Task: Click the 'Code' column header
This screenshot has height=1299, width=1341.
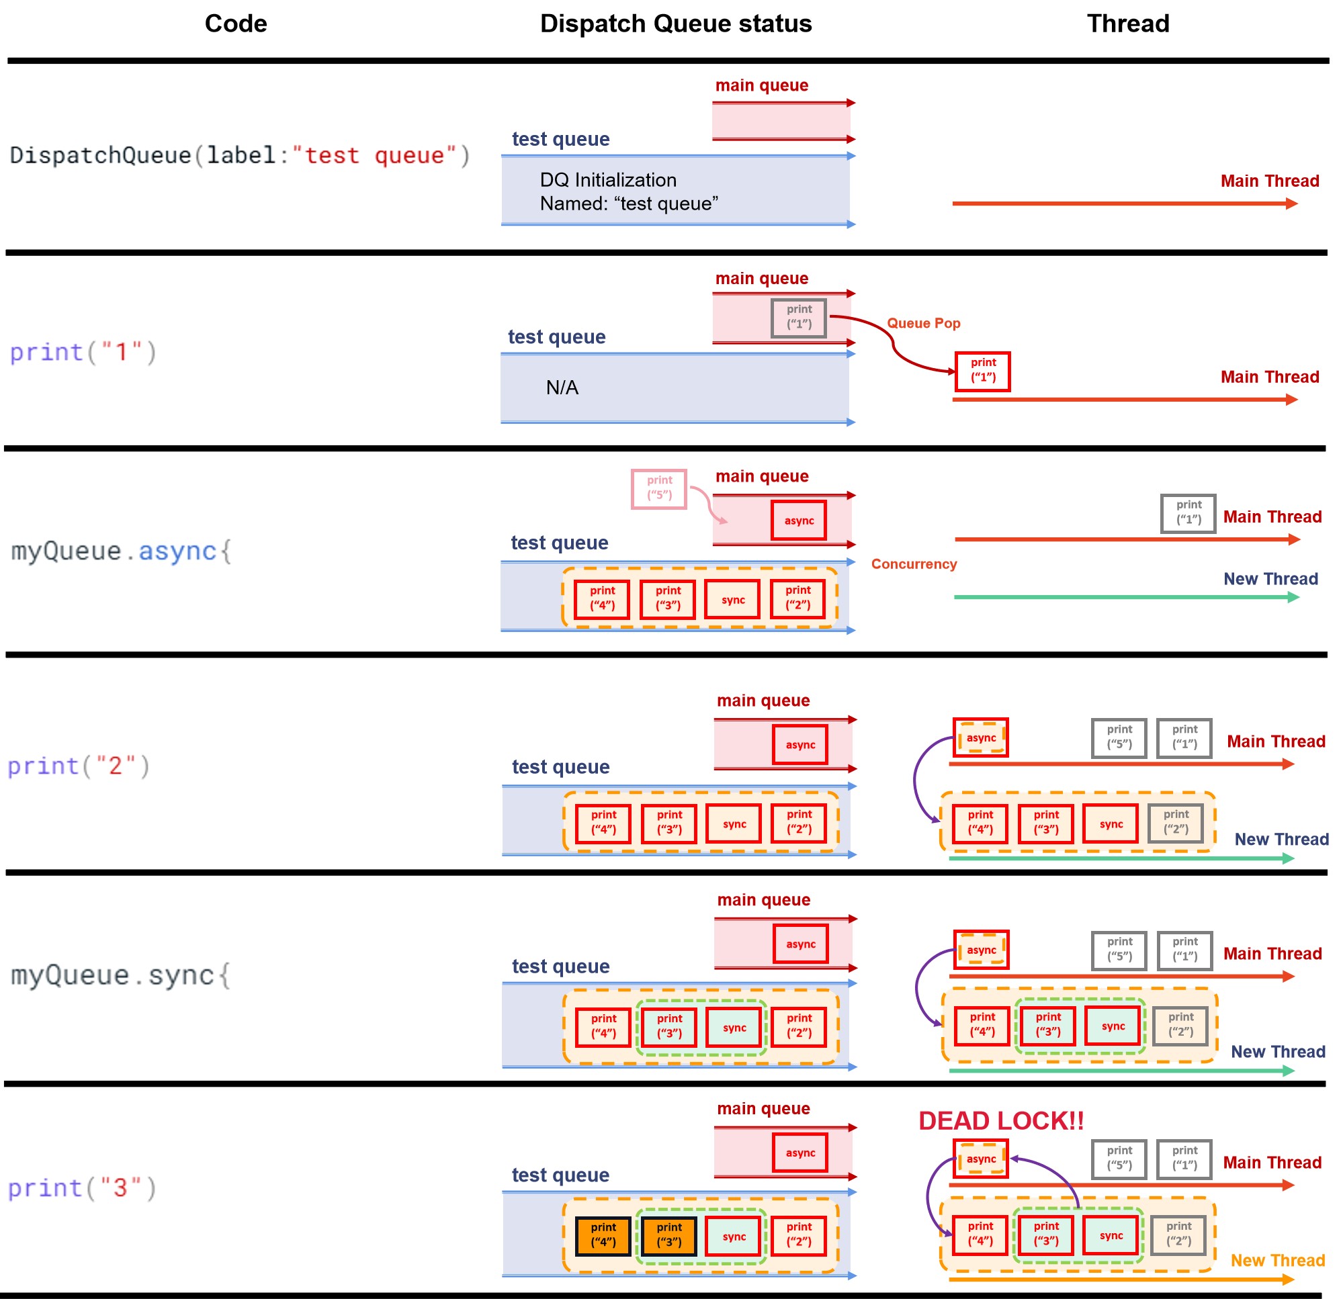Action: (236, 24)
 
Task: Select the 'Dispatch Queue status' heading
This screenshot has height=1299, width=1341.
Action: (676, 24)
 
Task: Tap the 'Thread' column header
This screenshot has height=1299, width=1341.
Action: (1128, 24)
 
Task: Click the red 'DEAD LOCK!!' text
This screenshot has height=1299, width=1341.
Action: (1001, 1120)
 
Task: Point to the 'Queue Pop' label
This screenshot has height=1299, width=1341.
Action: (924, 323)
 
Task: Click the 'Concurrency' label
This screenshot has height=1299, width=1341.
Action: (914, 564)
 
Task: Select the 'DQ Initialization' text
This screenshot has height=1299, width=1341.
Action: (608, 180)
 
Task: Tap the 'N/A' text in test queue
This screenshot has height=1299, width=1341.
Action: (562, 388)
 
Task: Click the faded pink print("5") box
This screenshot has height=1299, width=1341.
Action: (659, 488)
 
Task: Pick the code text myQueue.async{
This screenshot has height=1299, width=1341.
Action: (122, 551)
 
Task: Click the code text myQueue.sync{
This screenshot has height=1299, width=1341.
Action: (121, 975)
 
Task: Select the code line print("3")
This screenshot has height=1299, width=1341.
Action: (82, 1188)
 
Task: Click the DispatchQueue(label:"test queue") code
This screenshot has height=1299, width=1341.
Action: (240, 155)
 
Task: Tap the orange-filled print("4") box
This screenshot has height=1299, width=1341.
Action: (603, 1236)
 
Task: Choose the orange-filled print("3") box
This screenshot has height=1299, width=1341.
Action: (669, 1236)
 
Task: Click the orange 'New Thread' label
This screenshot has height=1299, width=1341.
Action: (1277, 1260)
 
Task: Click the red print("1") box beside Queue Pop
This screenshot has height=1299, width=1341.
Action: (982, 371)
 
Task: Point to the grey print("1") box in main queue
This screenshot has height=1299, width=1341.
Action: (798, 318)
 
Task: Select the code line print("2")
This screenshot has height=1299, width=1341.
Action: (79, 766)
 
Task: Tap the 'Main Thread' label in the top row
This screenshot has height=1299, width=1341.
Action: (1270, 181)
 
